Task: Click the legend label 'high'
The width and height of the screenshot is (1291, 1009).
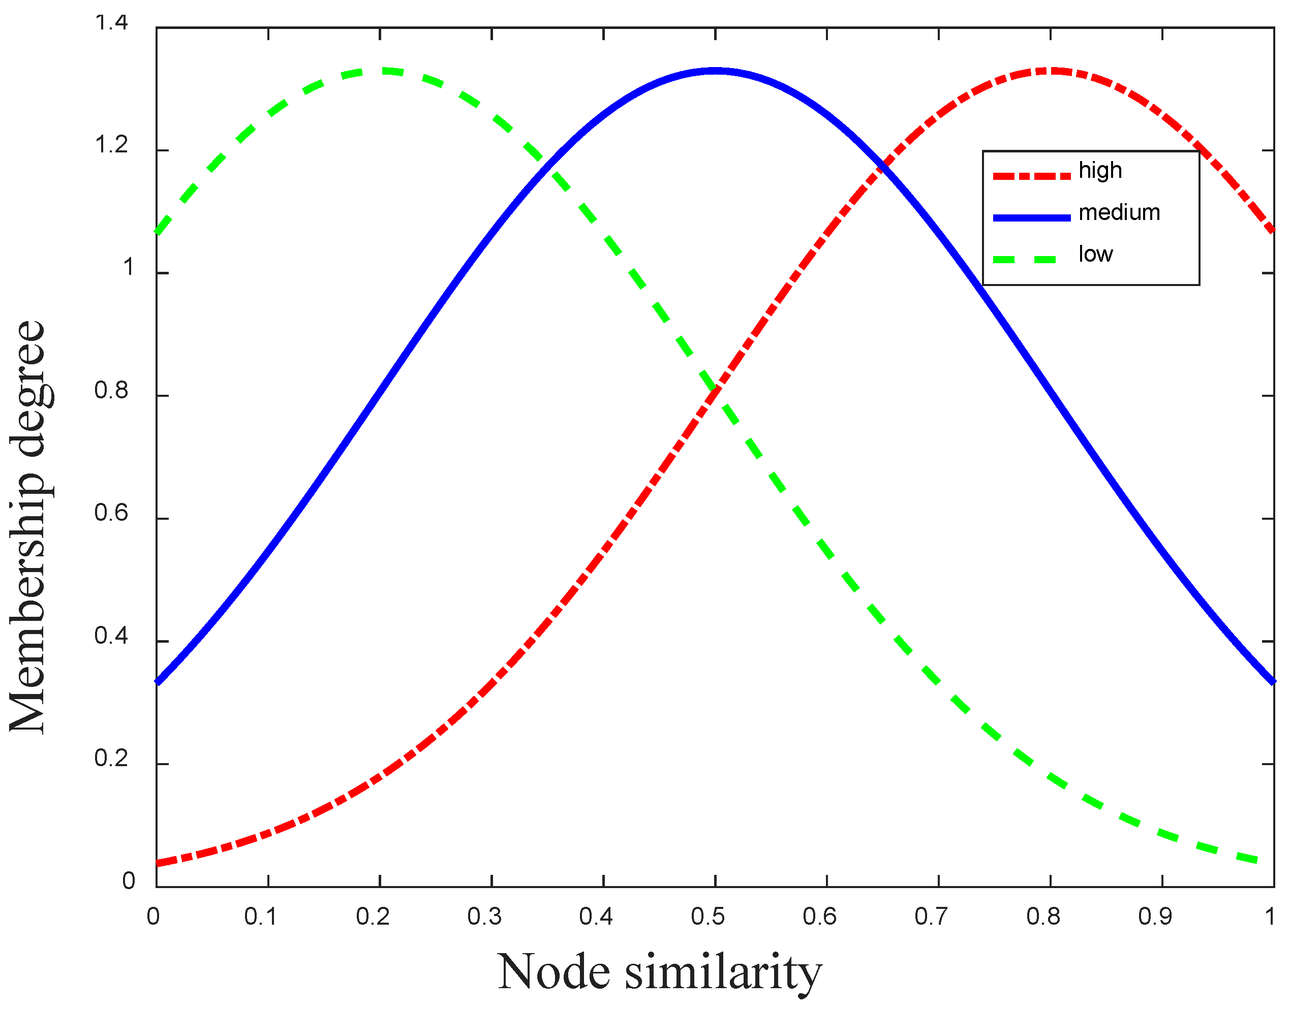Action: (x=1100, y=171)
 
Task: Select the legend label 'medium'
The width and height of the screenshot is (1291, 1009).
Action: (x=1119, y=213)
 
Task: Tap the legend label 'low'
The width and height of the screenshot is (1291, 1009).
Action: (x=1095, y=255)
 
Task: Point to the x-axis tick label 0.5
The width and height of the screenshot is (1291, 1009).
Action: (x=708, y=917)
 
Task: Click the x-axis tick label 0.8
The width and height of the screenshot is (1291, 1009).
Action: (x=1043, y=917)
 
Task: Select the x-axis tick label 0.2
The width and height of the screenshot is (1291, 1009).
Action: (x=373, y=917)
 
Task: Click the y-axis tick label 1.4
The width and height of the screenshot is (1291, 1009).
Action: (x=111, y=23)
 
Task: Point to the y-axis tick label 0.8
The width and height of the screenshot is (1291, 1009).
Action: (x=111, y=391)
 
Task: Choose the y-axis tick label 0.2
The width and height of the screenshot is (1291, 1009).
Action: (x=111, y=759)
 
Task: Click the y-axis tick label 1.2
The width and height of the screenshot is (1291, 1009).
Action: (x=111, y=145)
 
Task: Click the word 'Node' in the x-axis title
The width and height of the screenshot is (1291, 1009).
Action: (x=554, y=972)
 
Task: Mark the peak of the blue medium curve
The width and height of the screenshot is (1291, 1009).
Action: (x=715, y=71)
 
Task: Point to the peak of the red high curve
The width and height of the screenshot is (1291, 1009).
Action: (x=1051, y=71)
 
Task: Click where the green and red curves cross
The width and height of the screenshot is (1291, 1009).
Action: (x=715, y=391)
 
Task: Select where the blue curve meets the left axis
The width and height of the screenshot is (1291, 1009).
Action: (x=157, y=683)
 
